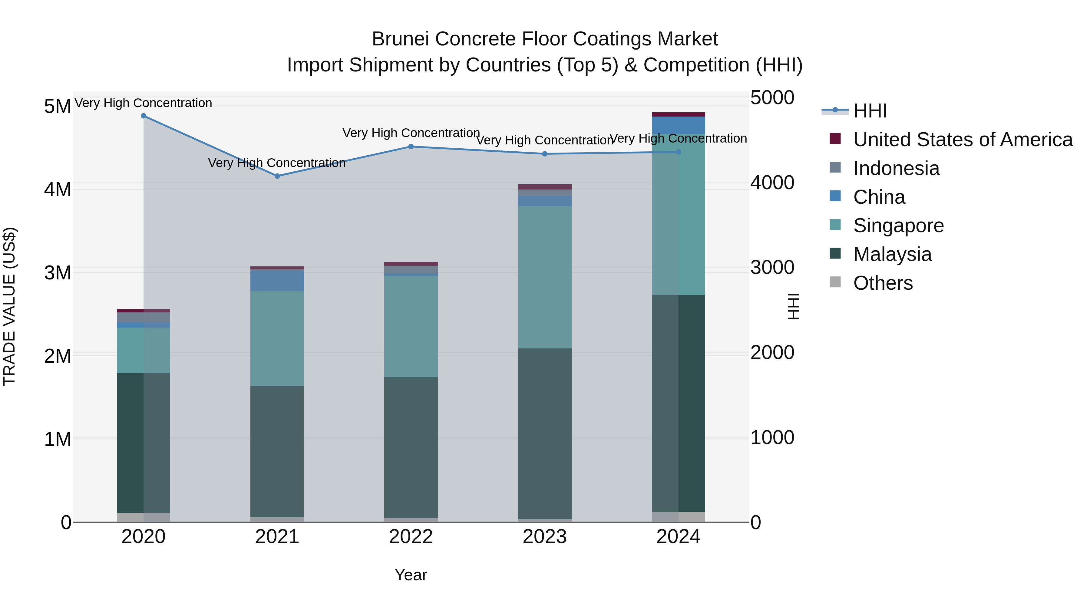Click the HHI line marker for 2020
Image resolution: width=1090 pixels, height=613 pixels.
(x=144, y=116)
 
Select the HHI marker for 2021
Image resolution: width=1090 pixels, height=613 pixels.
(x=277, y=176)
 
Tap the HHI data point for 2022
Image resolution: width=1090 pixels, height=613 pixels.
(x=411, y=147)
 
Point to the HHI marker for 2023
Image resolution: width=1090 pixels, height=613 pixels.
(x=545, y=154)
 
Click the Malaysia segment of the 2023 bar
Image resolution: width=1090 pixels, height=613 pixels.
(x=545, y=433)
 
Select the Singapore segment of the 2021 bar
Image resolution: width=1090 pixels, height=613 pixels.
(x=277, y=338)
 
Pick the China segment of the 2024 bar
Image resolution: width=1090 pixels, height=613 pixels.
(x=678, y=125)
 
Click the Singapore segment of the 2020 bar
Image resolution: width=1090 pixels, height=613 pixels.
(x=144, y=350)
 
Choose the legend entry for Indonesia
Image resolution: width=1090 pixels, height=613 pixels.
(x=896, y=168)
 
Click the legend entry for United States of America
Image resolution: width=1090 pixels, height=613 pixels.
(x=963, y=140)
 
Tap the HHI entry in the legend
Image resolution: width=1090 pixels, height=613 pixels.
(x=870, y=111)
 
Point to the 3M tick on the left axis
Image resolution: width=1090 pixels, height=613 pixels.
(x=58, y=273)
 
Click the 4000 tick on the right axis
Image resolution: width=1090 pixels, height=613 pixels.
(x=772, y=183)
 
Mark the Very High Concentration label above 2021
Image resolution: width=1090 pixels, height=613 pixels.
(x=277, y=163)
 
